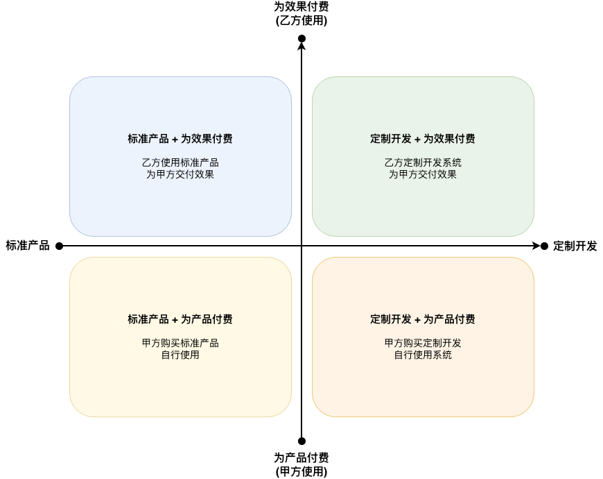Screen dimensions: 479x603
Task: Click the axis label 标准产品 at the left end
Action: pyautogui.click(x=28, y=246)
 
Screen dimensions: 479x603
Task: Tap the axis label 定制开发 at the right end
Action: pyautogui.click(x=575, y=246)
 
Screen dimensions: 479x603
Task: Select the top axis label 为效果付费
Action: pyautogui.click(x=301, y=7)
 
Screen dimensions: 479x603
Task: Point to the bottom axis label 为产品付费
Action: pyautogui.click(x=301, y=458)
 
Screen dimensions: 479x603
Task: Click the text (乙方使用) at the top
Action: pyautogui.click(x=301, y=20)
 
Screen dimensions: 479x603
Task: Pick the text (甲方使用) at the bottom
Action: pyautogui.click(x=301, y=471)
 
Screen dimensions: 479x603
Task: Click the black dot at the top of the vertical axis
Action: pyautogui.click(x=301, y=38)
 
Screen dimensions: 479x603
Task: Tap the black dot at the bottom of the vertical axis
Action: pyautogui.click(x=301, y=441)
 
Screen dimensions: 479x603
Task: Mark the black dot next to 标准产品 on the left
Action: pyautogui.click(x=59, y=246)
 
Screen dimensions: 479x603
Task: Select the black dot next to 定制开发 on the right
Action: pyautogui.click(x=544, y=246)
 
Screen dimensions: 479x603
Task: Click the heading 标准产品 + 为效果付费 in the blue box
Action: pyautogui.click(x=180, y=139)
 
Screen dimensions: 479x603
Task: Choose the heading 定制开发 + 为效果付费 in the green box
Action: pyautogui.click(x=423, y=139)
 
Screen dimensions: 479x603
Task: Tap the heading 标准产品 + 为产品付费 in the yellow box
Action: pyautogui.click(x=180, y=319)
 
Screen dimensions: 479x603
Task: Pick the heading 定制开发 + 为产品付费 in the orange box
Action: pyautogui.click(x=423, y=319)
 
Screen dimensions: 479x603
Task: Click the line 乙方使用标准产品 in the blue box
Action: pyautogui.click(x=180, y=162)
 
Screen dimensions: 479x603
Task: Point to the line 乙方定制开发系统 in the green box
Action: pyautogui.click(x=423, y=162)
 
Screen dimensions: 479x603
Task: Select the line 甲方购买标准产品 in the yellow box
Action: pyautogui.click(x=180, y=343)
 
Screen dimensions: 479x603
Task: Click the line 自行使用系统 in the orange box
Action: pyautogui.click(x=423, y=355)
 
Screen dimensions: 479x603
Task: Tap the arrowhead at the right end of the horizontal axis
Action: pyautogui.click(x=536, y=246)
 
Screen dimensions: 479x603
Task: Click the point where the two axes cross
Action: pyautogui.click(x=301, y=246)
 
